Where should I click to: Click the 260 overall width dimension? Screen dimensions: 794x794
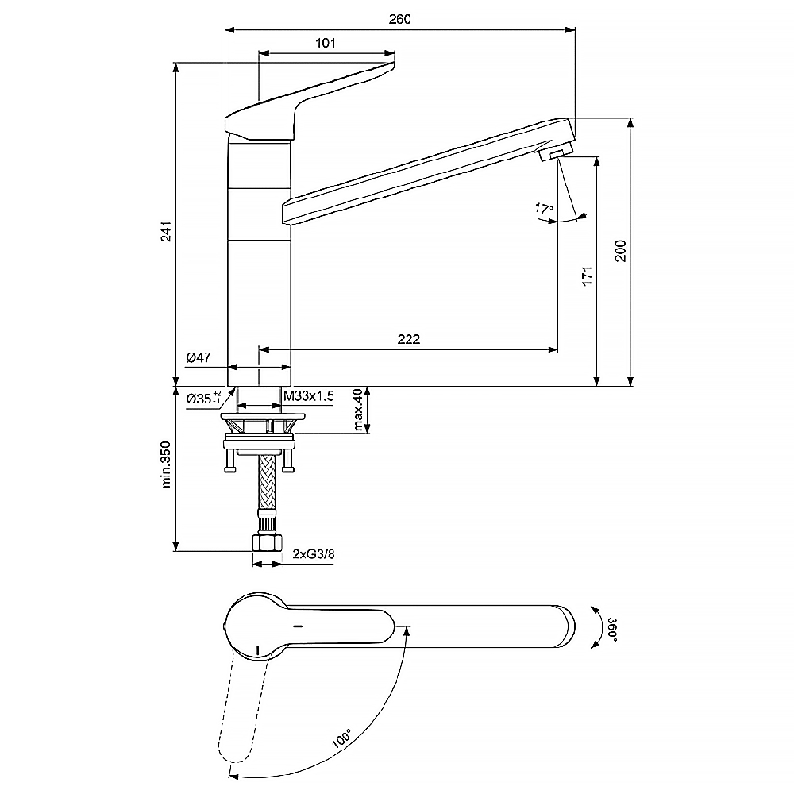[400, 19]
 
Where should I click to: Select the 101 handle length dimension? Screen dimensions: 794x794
[326, 43]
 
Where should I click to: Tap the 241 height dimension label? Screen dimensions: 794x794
[167, 231]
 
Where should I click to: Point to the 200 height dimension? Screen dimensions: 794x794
[621, 251]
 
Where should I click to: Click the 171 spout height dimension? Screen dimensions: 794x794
[587, 276]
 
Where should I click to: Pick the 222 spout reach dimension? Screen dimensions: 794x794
[409, 339]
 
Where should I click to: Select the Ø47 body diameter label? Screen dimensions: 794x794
[198, 357]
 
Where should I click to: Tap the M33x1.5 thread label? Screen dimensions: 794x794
[308, 395]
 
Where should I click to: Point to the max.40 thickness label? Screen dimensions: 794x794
[358, 410]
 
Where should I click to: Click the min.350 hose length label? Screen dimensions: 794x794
[167, 464]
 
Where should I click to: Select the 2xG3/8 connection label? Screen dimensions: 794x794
[314, 554]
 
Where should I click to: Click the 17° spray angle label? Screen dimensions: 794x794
[544, 208]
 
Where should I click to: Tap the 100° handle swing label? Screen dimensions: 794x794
[341, 739]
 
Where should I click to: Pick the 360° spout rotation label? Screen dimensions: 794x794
[612, 630]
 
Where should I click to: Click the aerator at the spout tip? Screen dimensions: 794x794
[556, 152]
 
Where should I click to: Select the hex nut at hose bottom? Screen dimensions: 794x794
[266, 543]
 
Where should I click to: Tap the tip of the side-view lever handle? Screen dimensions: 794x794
[393, 64]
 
